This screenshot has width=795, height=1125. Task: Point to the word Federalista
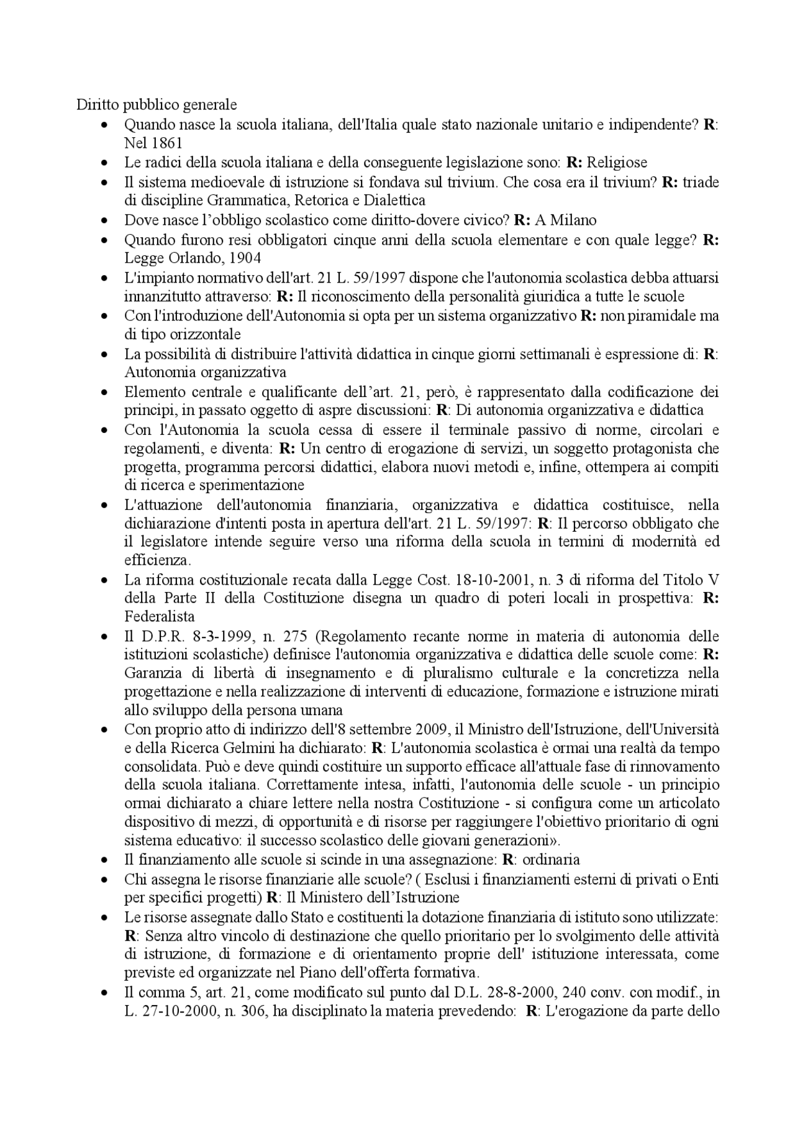point(160,616)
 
